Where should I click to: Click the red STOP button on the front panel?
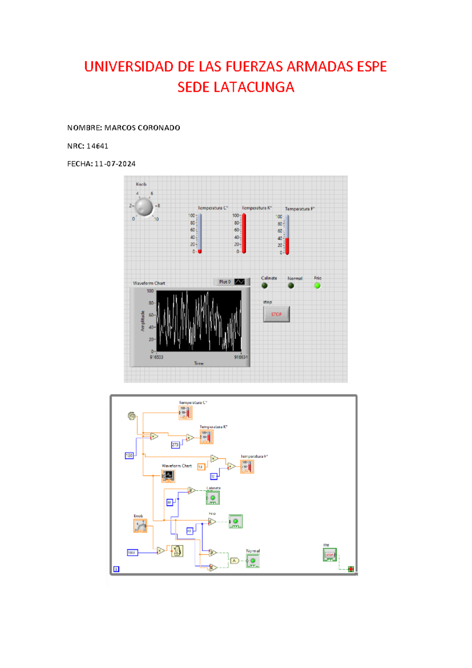tap(276, 314)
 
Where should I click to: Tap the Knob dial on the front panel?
tap(144, 206)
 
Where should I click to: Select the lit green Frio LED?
tap(317, 286)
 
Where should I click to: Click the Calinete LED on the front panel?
tap(265, 286)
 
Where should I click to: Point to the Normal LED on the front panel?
tap(291, 286)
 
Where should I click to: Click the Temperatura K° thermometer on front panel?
tap(244, 233)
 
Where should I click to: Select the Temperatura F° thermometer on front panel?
tap(287, 235)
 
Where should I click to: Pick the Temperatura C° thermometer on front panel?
tap(200, 233)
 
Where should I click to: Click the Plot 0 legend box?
tap(232, 282)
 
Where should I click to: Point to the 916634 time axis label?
tap(241, 357)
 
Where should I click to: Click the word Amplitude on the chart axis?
tap(143, 321)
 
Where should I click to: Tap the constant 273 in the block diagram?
tap(175, 445)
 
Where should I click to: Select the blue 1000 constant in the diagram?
tap(132, 553)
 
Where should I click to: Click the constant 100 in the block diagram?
tap(129, 456)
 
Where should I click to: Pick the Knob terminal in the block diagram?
tap(140, 526)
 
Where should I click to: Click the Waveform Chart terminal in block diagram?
tap(168, 476)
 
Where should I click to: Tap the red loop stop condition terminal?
tap(351, 569)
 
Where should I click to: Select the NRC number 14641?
tap(97, 146)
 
